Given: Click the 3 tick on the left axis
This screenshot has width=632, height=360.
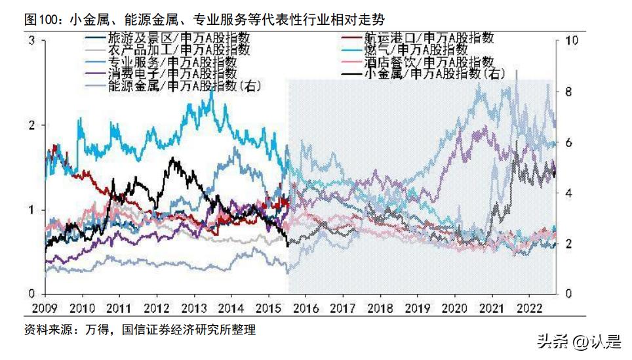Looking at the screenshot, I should coord(33,41).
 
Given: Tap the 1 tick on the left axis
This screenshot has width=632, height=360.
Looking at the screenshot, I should coord(33,209).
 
